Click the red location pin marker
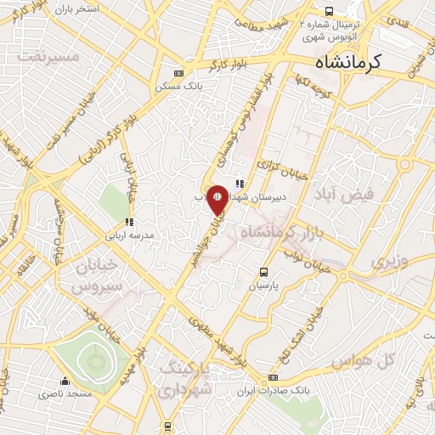point(217,200)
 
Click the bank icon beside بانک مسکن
point(177,73)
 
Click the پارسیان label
point(263,286)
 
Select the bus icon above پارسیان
point(263,273)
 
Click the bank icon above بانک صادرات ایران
point(273,377)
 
